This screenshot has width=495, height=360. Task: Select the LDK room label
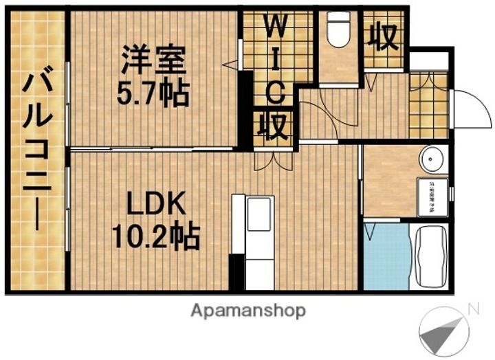tap(155, 204)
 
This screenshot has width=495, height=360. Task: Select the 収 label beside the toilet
tap(382, 38)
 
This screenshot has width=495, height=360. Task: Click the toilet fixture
tap(338, 32)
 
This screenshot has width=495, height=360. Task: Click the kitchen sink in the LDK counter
tap(261, 214)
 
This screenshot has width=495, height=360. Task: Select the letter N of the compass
tap(472, 309)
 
